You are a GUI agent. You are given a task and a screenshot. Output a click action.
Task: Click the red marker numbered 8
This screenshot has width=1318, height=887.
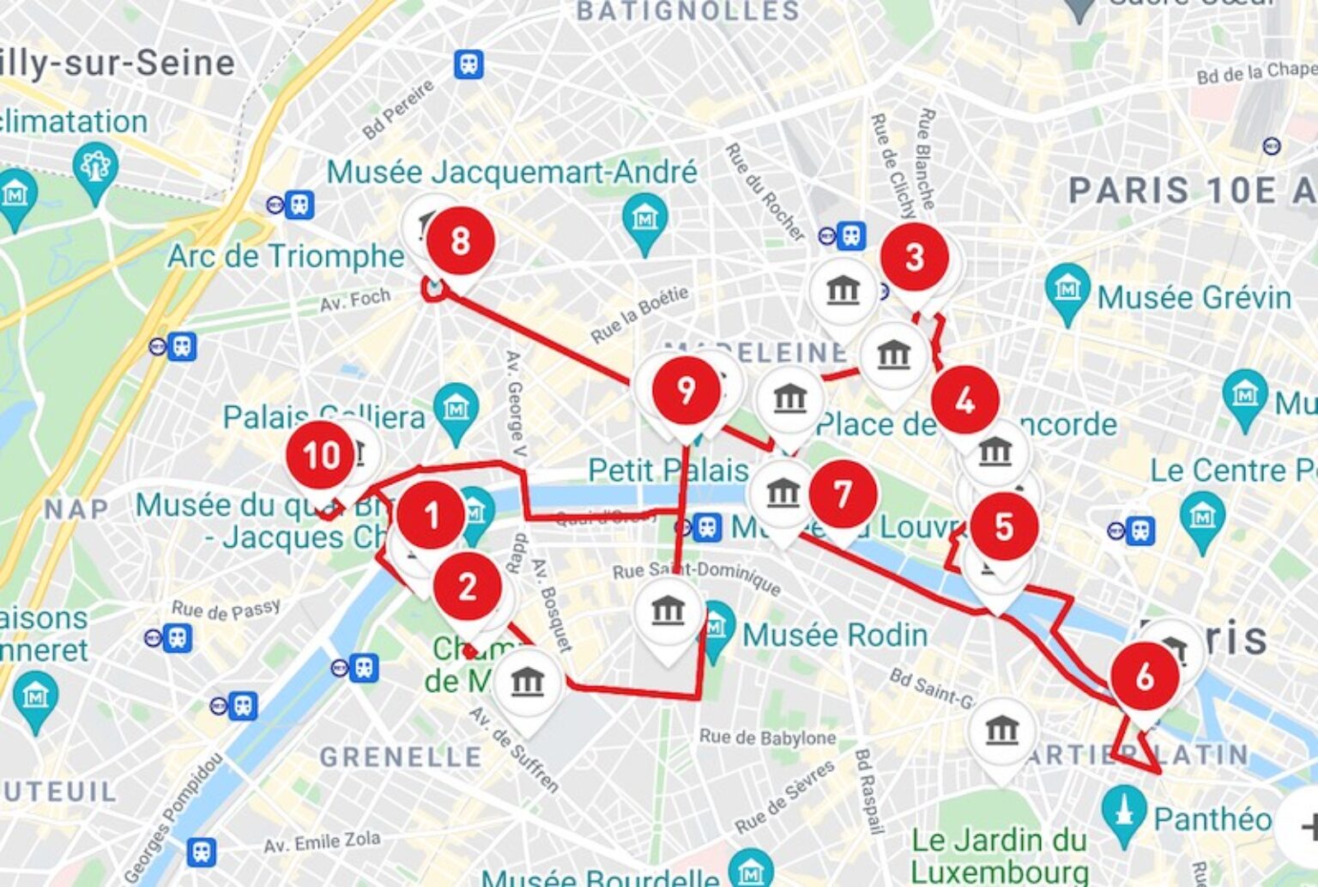461,241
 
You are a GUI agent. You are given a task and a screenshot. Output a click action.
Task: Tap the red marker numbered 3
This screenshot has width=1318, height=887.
915,257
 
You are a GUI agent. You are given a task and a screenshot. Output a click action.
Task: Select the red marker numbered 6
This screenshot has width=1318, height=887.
1145,677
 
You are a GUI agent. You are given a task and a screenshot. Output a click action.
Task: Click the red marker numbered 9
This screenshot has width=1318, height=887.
686,391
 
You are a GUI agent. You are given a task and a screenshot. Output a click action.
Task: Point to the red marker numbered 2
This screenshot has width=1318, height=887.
468,587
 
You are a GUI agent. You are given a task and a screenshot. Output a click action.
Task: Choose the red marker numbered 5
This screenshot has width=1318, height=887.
1004,526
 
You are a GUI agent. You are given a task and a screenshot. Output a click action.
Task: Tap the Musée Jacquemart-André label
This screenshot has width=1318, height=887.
511,173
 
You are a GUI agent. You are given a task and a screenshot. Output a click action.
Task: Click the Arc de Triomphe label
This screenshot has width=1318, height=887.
286,256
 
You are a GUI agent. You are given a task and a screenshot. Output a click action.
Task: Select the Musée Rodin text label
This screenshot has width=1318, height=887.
835,635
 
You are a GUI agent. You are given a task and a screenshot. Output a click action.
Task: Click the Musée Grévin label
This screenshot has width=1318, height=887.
1194,298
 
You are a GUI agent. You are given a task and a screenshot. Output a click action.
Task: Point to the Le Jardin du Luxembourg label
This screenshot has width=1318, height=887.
999,855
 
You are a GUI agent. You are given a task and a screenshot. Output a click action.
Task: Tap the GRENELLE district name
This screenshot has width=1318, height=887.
401,757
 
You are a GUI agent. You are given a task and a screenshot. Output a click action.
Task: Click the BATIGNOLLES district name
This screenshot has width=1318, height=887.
688,11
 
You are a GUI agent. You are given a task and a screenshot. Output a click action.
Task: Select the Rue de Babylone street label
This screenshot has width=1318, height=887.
767,738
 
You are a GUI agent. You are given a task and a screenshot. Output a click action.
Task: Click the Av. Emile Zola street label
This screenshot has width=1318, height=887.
322,842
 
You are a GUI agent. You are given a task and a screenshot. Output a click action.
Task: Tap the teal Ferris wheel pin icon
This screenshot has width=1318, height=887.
95,168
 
